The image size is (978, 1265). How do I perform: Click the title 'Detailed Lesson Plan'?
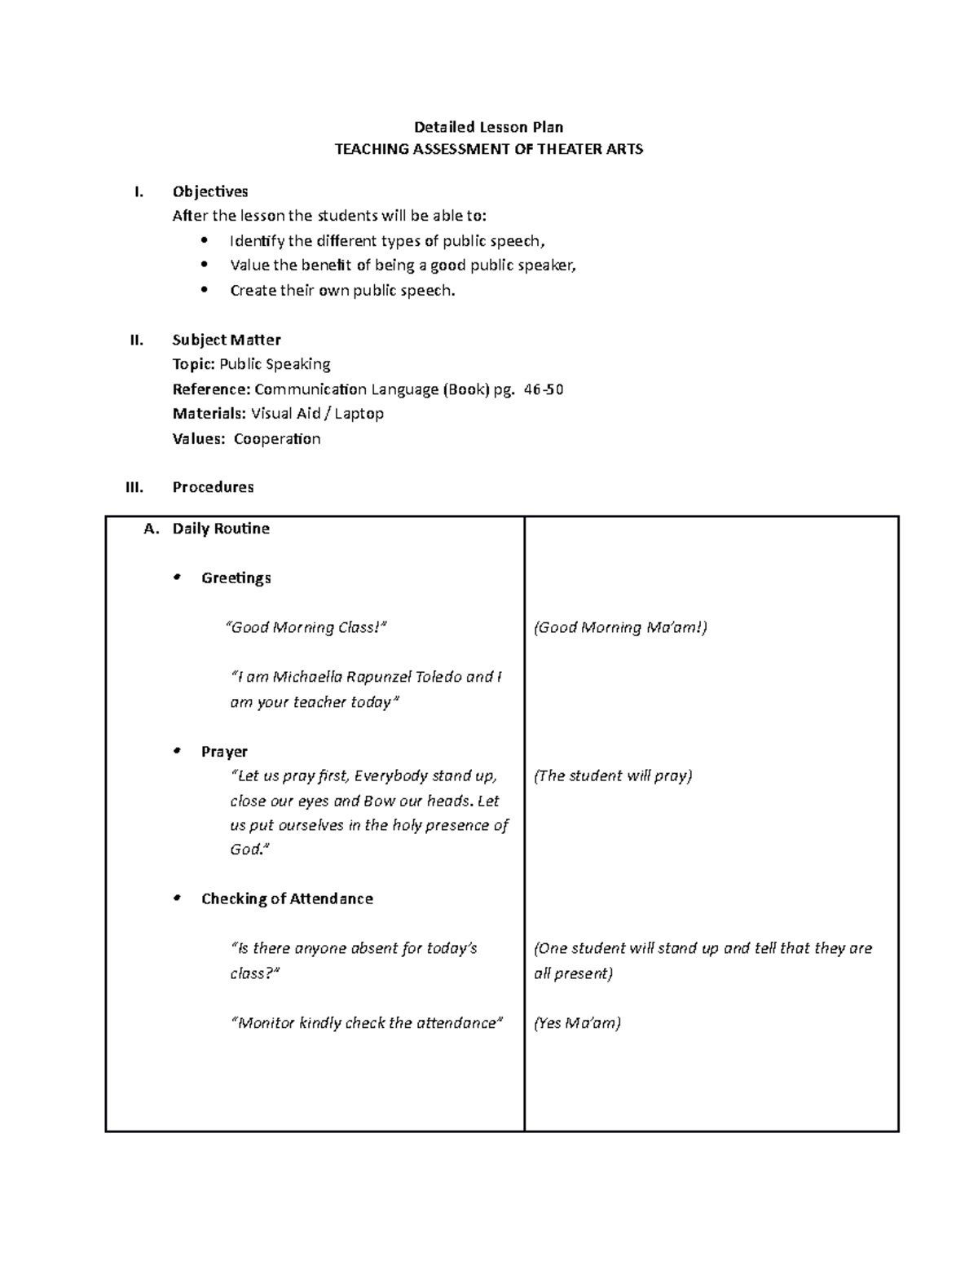(488, 127)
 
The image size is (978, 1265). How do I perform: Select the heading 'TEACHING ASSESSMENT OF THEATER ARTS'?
(489, 149)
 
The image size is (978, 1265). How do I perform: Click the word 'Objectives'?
(210, 191)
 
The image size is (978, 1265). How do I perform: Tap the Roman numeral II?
(136, 340)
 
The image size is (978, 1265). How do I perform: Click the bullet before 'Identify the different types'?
(205, 240)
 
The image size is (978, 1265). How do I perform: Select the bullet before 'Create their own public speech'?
(205, 290)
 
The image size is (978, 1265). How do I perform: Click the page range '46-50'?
(544, 389)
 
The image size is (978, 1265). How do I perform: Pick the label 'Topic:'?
(194, 364)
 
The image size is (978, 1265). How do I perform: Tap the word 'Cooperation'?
(277, 439)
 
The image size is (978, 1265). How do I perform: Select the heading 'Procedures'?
(213, 487)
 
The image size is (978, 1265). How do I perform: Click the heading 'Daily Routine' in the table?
(221, 529)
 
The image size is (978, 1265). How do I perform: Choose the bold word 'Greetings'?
(236, 578)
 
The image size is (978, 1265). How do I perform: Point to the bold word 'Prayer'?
(224, 752)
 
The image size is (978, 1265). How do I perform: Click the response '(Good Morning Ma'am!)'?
(620, 627)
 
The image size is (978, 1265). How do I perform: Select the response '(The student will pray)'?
(613, 775)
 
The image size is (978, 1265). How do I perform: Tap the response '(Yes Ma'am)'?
(577, 1023)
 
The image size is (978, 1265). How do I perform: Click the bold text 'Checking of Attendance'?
(287, 899)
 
